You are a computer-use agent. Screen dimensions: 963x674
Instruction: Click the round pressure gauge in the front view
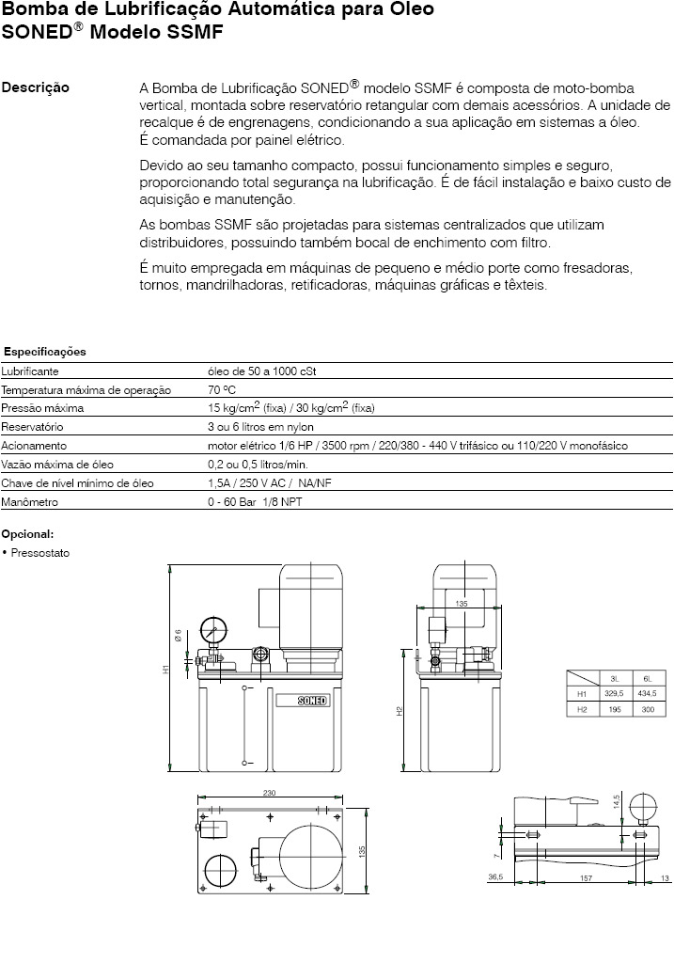pos(213,633)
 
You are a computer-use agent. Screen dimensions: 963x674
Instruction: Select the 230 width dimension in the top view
pos(269,794)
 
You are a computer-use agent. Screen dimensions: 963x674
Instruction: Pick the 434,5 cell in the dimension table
pos(647,693)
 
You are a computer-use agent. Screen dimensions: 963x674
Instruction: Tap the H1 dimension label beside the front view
pos(165,670)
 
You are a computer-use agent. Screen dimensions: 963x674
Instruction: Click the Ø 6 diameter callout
pos(178,635)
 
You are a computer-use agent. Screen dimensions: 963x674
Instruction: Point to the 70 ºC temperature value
pos(222,389)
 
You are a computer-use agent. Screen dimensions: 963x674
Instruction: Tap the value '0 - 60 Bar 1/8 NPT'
pos(255,502)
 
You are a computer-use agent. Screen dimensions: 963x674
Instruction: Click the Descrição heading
pos(36,88)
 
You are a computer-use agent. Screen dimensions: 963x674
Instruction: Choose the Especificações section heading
pos(45,352)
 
